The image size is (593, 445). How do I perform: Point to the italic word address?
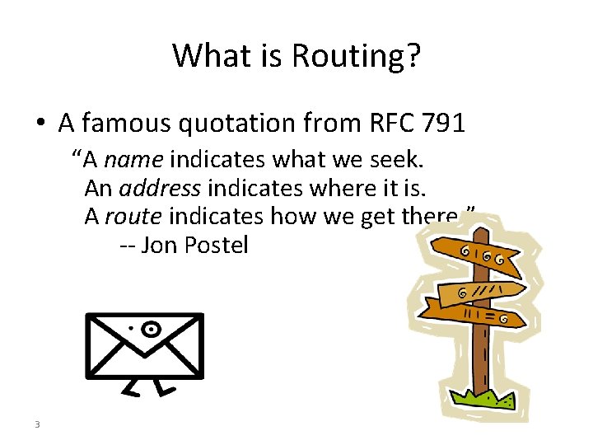click(160, 187)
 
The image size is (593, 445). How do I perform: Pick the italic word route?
click(133, 216)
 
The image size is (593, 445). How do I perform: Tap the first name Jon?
click(155, 246)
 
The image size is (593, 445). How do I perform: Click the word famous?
click(123, 123)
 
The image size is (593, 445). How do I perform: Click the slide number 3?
click(38, 424)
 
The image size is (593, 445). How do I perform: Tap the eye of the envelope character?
click(150, 330)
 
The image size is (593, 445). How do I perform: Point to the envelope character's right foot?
click(166, 386)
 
